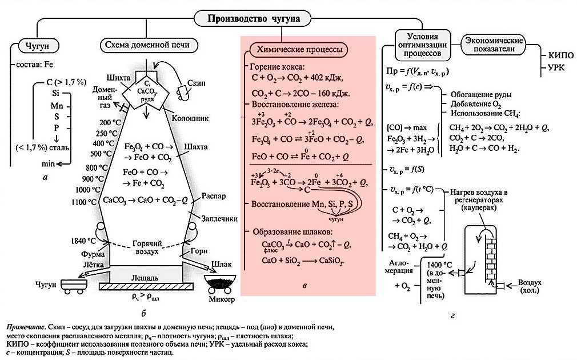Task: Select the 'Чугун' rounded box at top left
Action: click(x=38, y=45)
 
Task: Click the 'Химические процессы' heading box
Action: click(x=305, y=50)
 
